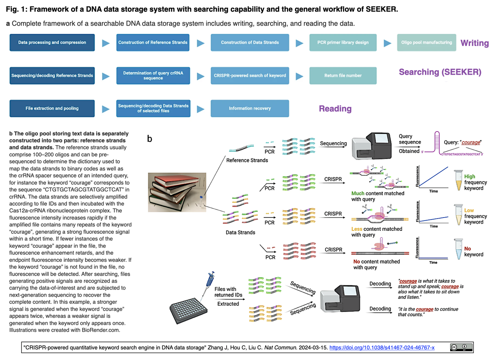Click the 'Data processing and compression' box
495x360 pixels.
pyautogui.click(x=52, y=43)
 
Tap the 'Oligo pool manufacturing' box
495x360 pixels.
pyautogui.click(x=426, y=43)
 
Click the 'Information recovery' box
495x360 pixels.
pyautogui.click(x=250, y=108)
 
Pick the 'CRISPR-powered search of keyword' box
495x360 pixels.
pyautogui.click(x=250, y=75)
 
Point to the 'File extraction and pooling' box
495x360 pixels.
pyautogui.click(x=52, y=108)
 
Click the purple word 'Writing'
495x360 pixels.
pyautogui.click(x=475, y=43)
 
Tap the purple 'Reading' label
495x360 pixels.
pyautogui.click(x=335, y=109)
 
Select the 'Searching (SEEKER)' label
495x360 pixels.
pyautogui.click(x=440, y=72)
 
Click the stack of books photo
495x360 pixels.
pyautogui.click(x=177, y=192)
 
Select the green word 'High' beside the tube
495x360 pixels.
pyautogui.click(x=469, y=177)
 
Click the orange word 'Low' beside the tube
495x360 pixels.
pyautogui.click(x=469, y=211)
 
